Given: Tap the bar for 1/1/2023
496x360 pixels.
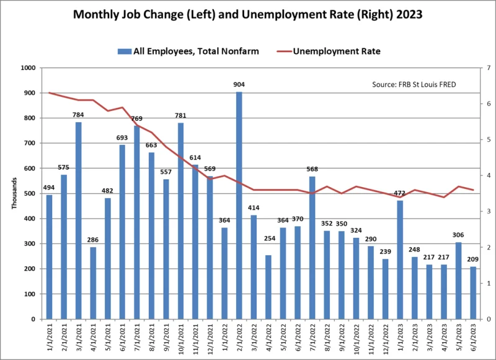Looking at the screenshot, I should point(400,260).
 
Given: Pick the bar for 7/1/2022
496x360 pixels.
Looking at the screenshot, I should point(312,248).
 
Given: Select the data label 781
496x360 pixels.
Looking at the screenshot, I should point(180,116).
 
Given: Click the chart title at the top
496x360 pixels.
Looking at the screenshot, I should point(247,13).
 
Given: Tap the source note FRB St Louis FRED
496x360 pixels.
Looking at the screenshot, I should point(414,84).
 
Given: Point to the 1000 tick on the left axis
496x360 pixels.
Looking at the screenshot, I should point(29,68).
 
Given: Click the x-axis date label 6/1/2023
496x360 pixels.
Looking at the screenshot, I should point(472,340).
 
